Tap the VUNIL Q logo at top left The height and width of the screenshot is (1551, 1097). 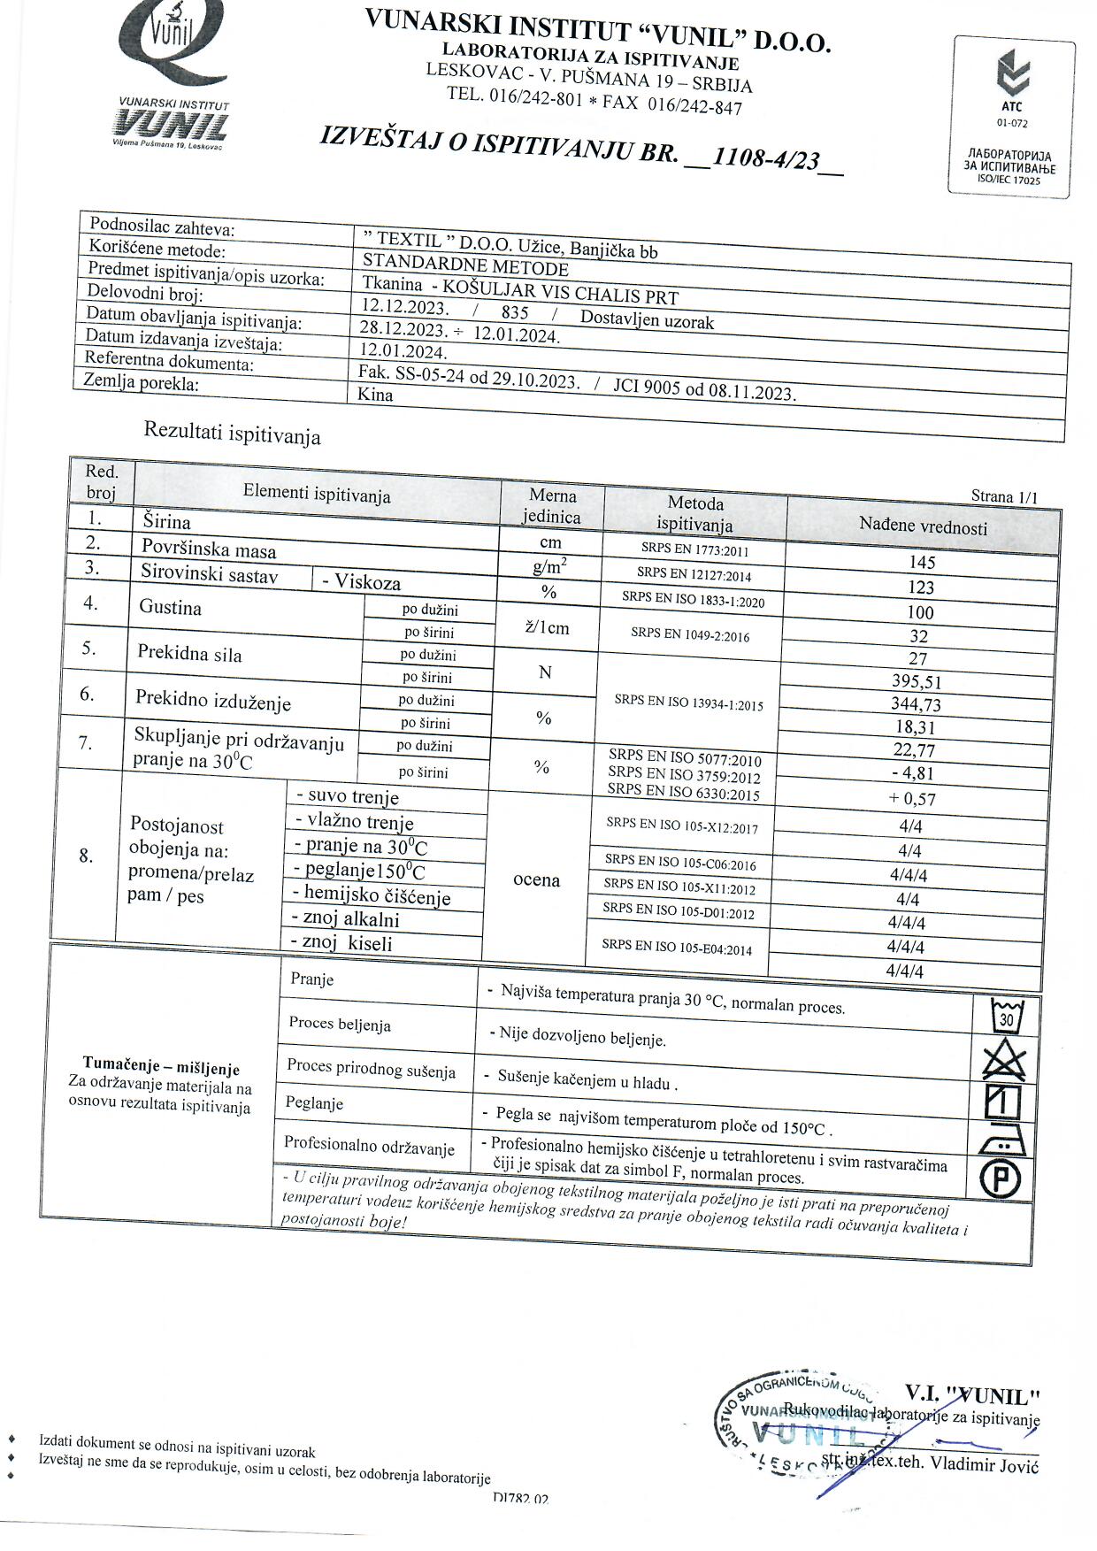(x=172, y=75)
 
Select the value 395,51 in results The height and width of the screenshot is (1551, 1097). (x=917, y=681)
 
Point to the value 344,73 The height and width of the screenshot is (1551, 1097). (x=916, y=704)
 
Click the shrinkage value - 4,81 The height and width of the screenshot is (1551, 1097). (x=913, y=773)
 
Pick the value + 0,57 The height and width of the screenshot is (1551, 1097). (x=913, y=799)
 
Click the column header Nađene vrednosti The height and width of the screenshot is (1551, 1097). (x=923, y=526)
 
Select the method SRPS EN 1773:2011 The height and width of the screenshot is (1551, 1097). (x=694, y=550)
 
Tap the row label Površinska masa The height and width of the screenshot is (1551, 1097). (x=209, y=550)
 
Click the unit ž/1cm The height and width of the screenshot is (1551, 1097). (x=547, y=628)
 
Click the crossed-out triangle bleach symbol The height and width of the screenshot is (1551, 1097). (x=1004, y=1059)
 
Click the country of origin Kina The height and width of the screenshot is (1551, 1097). (x=375, y=395)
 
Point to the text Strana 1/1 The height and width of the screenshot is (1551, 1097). (x=1003, y=496)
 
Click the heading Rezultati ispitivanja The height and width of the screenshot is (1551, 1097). (x=232, y=434)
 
